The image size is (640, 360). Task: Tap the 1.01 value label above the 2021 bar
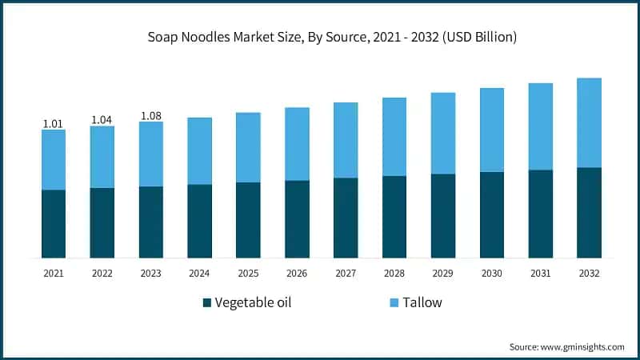tap(53, 123)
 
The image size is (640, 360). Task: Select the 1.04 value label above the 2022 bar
tap(102, 120)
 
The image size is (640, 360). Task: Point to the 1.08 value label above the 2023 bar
tap(150, 116)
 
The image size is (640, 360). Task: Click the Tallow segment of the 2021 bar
tap(54, 159)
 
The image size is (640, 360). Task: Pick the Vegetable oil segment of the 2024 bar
tap(199, 222)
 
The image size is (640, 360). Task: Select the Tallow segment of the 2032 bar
tap(589, 122)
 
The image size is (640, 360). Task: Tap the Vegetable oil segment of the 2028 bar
tap(394, 217)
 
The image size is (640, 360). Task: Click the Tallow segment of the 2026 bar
tap(297, 144)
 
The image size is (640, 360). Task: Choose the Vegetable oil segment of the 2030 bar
tap(492, 215)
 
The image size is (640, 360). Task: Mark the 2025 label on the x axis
tap(248, 274)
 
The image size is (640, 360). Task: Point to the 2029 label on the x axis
tap(443, 274)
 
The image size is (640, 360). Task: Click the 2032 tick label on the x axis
tap(589, 274)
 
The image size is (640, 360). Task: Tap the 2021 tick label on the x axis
tap(54, 274)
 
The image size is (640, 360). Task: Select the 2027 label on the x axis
tap(346, 274)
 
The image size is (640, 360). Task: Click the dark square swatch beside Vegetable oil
tap(207, 303)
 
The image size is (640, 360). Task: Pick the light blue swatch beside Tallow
tap(393, 303)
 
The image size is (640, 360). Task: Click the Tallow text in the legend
tap(422, 302)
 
